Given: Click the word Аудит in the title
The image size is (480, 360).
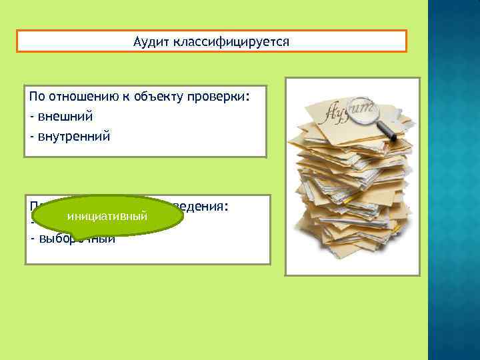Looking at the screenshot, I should click(151, 42).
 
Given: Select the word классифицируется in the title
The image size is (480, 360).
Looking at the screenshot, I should click(231, 42).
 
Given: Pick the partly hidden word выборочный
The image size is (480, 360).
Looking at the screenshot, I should click(73, 240).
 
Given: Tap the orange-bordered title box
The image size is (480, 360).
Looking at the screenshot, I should click(211, 41).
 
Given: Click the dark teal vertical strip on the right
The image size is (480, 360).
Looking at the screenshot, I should click(453, 180).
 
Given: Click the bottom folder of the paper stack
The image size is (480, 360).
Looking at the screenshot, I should click(350, 260).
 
